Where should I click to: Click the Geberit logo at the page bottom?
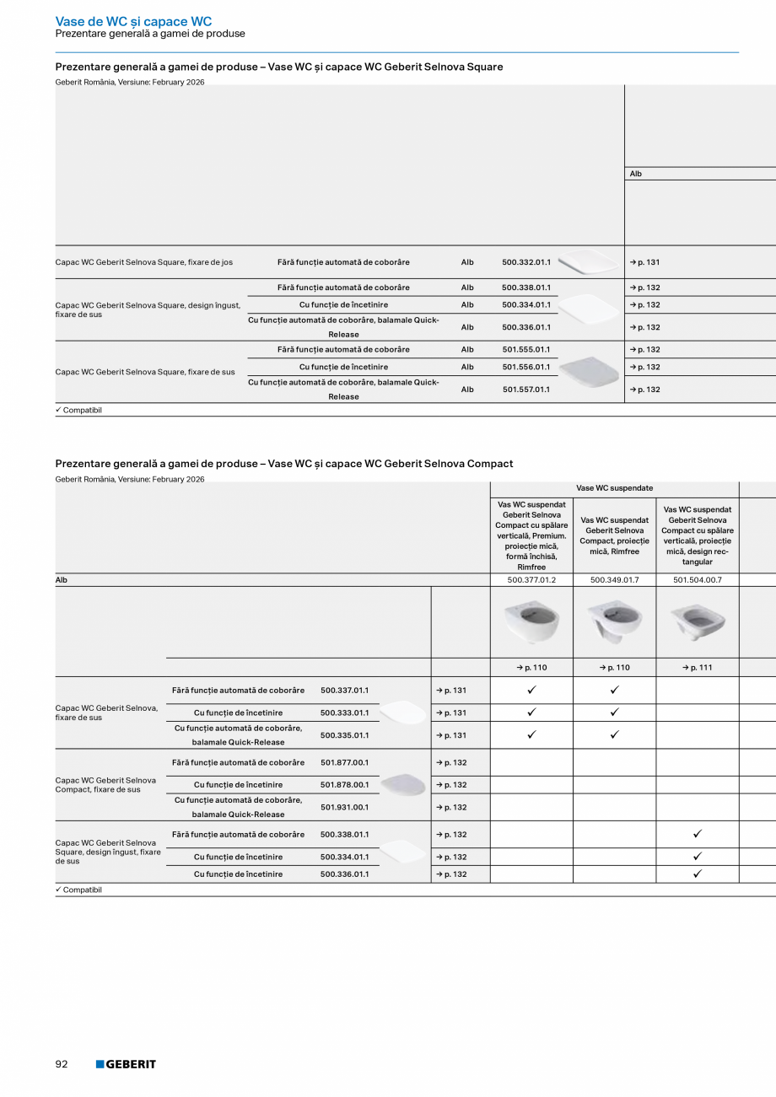tap(126, 1064)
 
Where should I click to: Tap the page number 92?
tap(62, 1064)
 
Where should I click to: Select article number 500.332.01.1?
tap(525, 263)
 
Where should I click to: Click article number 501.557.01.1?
tap(525, 390)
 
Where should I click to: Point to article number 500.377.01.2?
tap(531, 580)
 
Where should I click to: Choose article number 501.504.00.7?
tap(698, 580)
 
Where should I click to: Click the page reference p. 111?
tap(698, 668)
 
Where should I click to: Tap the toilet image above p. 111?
tap(698, 622)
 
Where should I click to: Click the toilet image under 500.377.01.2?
tap(531, 622)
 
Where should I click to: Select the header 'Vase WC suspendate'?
tap(614, 488)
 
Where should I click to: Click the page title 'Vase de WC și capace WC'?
tap(133, 21)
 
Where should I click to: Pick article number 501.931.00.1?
tap(344, 808)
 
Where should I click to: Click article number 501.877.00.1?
tap(344, 762)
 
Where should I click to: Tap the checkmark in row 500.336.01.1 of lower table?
tap(698, 874)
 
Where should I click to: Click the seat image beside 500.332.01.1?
tap(588, 262)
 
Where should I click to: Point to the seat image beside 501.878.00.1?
tap(402, 785)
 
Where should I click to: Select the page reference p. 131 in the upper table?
tap(645, 263)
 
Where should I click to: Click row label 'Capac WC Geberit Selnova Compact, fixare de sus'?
tap(105, 785)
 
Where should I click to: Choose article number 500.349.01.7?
tap(614, 580)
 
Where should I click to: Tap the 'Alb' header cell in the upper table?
tap(636, 174)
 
